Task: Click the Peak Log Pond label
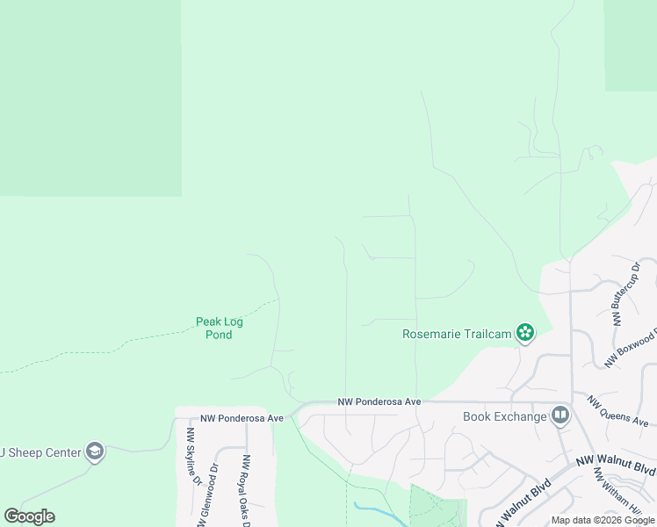(x=219, y=328)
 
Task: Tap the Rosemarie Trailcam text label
(x=457, y=333)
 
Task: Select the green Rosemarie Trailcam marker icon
(x=524, y=332)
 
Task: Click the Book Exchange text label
(x=504, y=415)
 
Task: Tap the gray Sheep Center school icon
(x=95, y=452)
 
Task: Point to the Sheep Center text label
(x=40, y=452)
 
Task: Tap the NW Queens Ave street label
(x=618, y=411)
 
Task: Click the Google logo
(x=29, y=516)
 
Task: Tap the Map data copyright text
(x=603, y=520)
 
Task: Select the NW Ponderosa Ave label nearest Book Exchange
(x=379, y=401)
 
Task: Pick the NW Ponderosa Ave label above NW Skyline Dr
(x=242, y=418)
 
